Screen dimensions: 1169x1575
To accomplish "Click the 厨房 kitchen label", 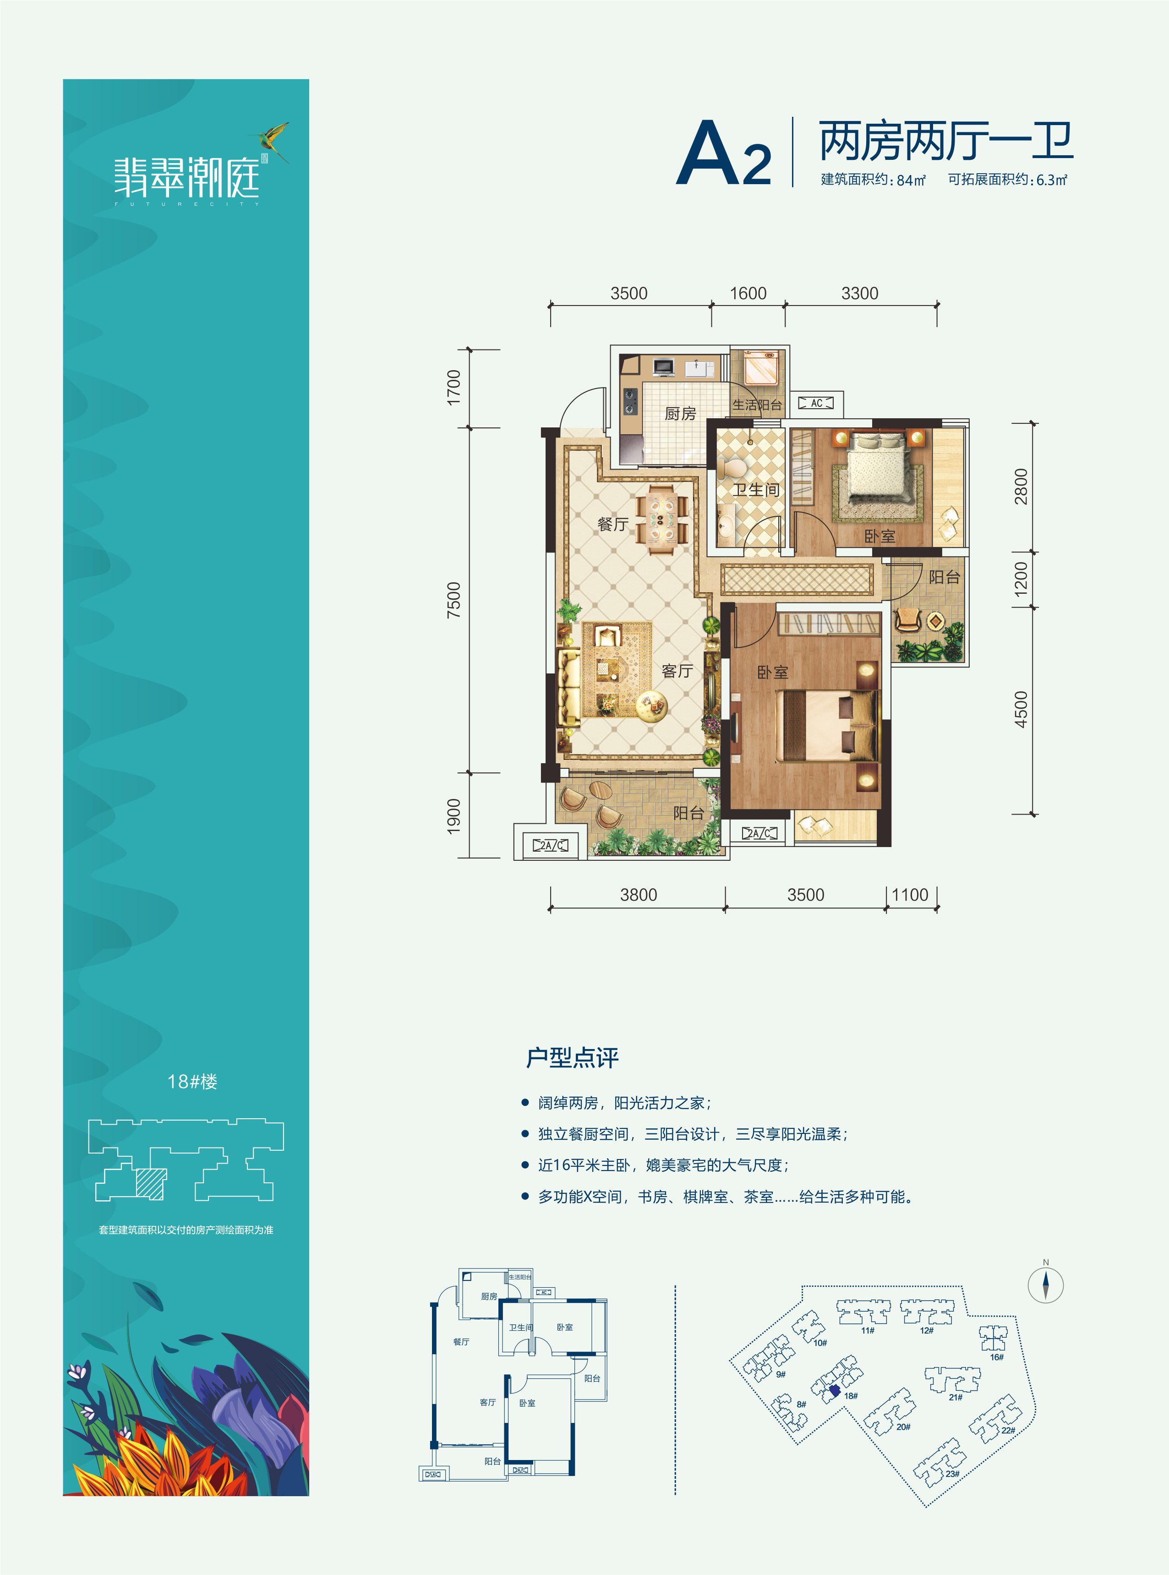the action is pos(680,413).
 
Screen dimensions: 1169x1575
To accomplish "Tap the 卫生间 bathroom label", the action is pos(756,490).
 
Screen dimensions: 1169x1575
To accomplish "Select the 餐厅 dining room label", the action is pos(613,524).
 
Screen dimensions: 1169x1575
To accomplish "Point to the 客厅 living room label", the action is pos(677,671).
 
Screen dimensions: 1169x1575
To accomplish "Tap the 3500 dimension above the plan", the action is pos(628,293).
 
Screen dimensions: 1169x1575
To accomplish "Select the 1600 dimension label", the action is pos(748,293).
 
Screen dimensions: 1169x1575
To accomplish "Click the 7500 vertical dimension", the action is pos(453,600).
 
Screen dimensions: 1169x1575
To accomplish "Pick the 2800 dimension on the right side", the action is pos(1021,487).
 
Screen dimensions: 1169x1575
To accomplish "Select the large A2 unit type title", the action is pos(723,153).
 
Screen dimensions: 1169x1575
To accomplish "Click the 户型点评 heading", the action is pos(573,1058).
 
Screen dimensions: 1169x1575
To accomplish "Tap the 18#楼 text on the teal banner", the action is pos(192,1081).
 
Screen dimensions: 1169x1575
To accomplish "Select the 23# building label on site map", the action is pos(952,1474).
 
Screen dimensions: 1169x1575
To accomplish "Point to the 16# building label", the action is pos(996,1356).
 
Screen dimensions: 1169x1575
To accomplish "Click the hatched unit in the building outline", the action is pos(151,1184).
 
